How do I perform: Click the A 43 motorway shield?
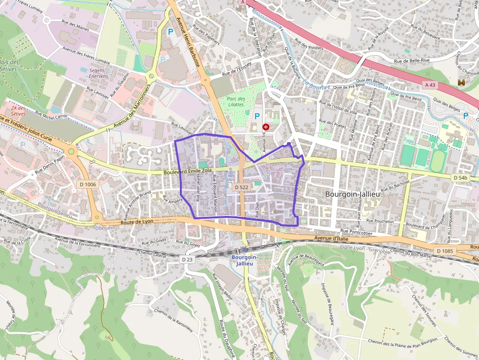(430, 85)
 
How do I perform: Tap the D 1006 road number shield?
(87, 184)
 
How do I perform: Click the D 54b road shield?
(460, 178)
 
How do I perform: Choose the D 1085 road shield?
(445, 251)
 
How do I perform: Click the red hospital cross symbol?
(266, 127)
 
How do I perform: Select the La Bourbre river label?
(317, 84)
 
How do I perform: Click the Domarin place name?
(105, 228)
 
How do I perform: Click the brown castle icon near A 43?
(461, 83)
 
